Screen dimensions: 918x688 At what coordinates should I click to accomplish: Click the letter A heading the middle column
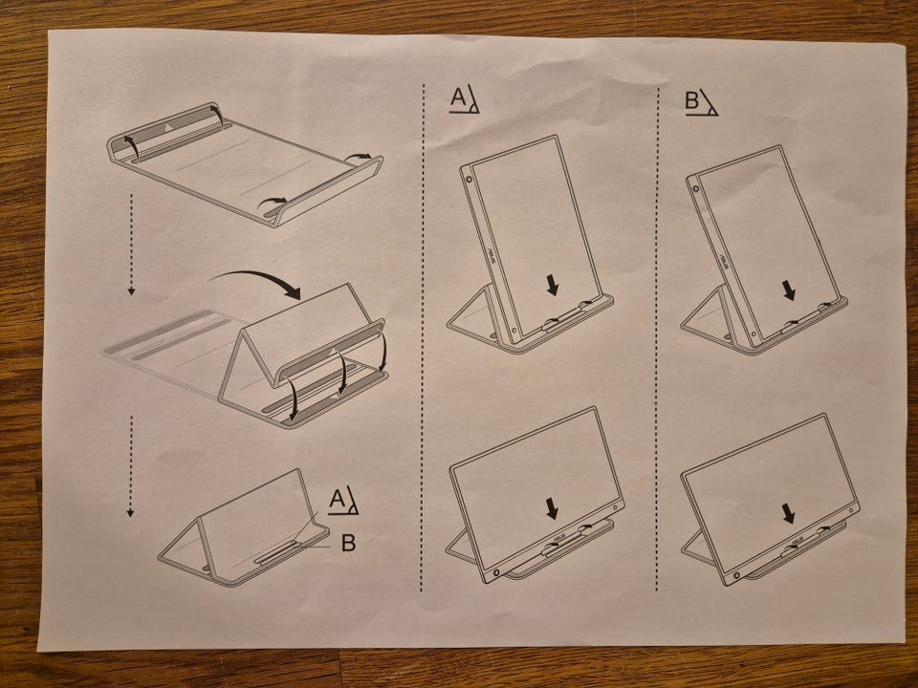[457, 98]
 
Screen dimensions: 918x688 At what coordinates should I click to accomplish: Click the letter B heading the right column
[692, 100]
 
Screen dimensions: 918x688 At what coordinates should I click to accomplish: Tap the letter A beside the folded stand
[337, 499]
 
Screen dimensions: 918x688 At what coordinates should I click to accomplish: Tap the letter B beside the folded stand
[348, 543]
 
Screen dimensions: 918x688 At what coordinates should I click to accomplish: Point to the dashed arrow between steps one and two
[131, 245]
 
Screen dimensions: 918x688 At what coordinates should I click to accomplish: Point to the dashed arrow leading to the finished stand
[131, 466]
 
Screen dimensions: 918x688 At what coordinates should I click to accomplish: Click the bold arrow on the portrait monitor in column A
[552, 286]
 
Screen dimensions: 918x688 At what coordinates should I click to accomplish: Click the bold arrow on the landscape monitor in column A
[552, 508]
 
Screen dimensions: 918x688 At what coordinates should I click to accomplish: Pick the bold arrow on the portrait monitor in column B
[789, 290]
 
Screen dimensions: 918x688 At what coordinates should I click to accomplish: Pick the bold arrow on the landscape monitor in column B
[789, 514]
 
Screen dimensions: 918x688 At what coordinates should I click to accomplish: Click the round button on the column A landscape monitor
[496, 572]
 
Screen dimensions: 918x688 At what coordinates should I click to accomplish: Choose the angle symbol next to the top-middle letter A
[471, 99]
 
